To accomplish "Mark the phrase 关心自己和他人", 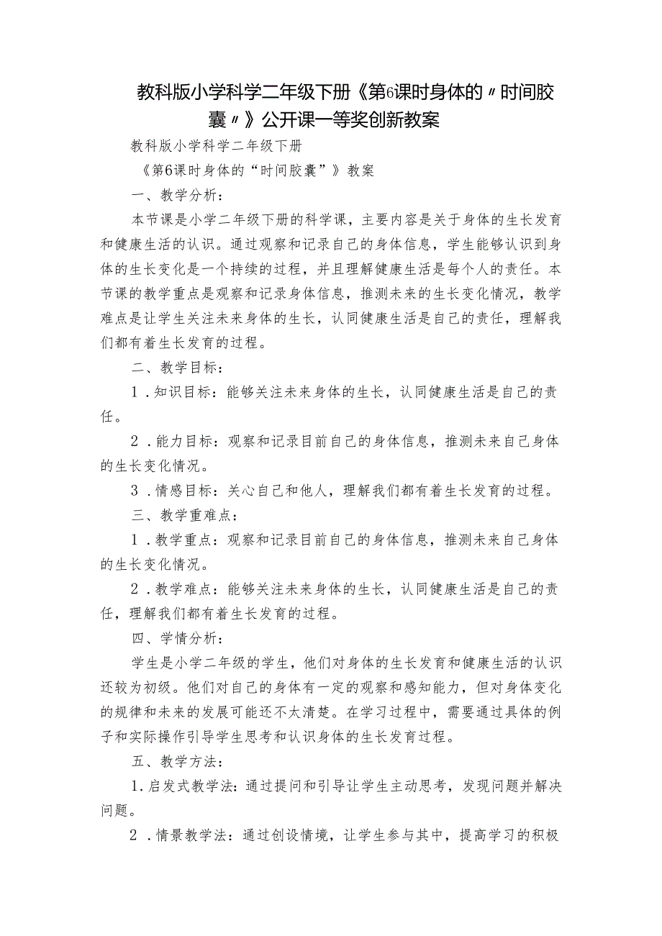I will point(279,491).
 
